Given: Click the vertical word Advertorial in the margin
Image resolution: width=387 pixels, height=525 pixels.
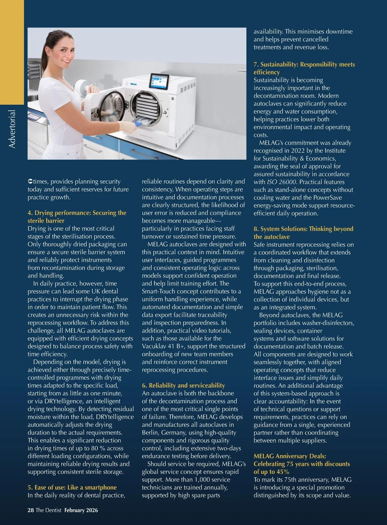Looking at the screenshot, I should (x=12, y=129).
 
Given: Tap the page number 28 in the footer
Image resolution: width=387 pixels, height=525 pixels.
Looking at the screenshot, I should (x=31, y=510).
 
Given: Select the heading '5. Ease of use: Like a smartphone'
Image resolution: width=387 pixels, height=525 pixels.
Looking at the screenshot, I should (x=72, y=487).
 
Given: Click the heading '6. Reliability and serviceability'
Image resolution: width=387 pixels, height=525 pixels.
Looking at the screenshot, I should (x=184, y=385).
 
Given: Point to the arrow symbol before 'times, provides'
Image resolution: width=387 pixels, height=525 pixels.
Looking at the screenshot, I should (x=30, y=182).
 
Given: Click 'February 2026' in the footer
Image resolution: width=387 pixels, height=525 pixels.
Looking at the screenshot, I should (x=81, y=510).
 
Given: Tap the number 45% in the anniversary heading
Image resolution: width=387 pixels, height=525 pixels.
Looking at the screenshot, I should (x=282, y=472).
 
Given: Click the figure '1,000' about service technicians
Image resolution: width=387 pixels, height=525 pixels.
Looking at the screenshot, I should (x=202, y=480).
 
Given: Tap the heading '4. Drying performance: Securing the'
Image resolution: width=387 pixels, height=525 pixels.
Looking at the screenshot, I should (x=77, y=213).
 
